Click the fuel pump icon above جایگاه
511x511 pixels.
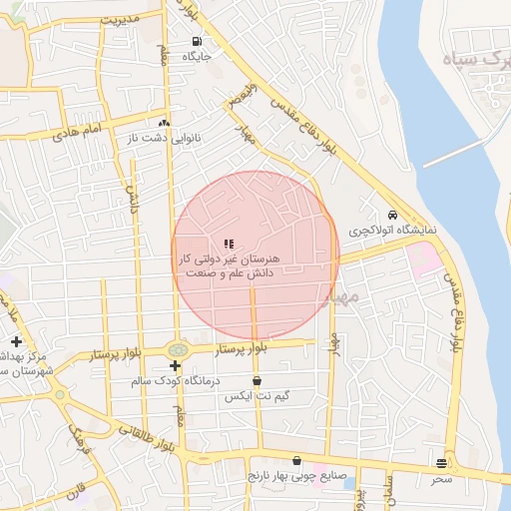point(196,42)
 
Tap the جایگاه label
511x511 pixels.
point(196,57)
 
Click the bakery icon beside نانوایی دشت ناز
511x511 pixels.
point(164,124)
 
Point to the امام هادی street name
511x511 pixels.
point(80,131)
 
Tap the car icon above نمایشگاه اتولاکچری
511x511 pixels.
point(393,216)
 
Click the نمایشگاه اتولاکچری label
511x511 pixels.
point(393,231)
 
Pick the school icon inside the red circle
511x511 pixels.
point(229,243)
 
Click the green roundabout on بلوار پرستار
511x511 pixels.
point(178,349)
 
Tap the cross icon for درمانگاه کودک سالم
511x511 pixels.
point(175,366)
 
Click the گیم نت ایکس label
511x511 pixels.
point(259,396)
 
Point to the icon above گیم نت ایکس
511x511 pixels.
point(257,380)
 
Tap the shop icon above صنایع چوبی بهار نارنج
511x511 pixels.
point(295,460)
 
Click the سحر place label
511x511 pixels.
point(441,479)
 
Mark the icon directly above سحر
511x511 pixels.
point(441,463)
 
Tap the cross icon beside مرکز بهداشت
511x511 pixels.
point(16,342)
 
